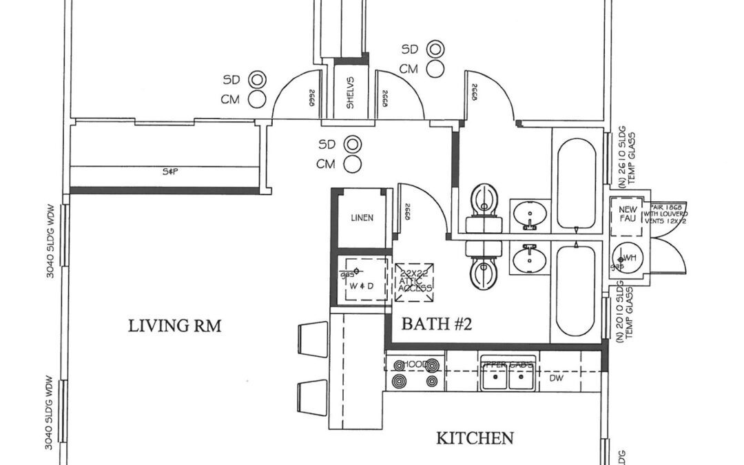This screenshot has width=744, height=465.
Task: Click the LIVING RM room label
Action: [x=175, y=326]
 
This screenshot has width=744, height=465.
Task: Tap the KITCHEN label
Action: [x=475, y=438]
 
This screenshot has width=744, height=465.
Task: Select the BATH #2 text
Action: [x=436, y=324]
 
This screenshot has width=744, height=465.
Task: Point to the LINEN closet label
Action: [x=362, y=218]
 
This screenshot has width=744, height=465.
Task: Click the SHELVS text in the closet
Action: [x=349, y=94]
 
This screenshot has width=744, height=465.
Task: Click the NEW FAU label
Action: [x=627, y=214]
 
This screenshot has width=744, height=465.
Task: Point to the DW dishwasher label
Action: [x=556, y=378]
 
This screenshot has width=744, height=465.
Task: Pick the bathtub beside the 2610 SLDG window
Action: [x=576, y=184]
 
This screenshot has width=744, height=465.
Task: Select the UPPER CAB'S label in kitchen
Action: [x=507, y=364]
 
